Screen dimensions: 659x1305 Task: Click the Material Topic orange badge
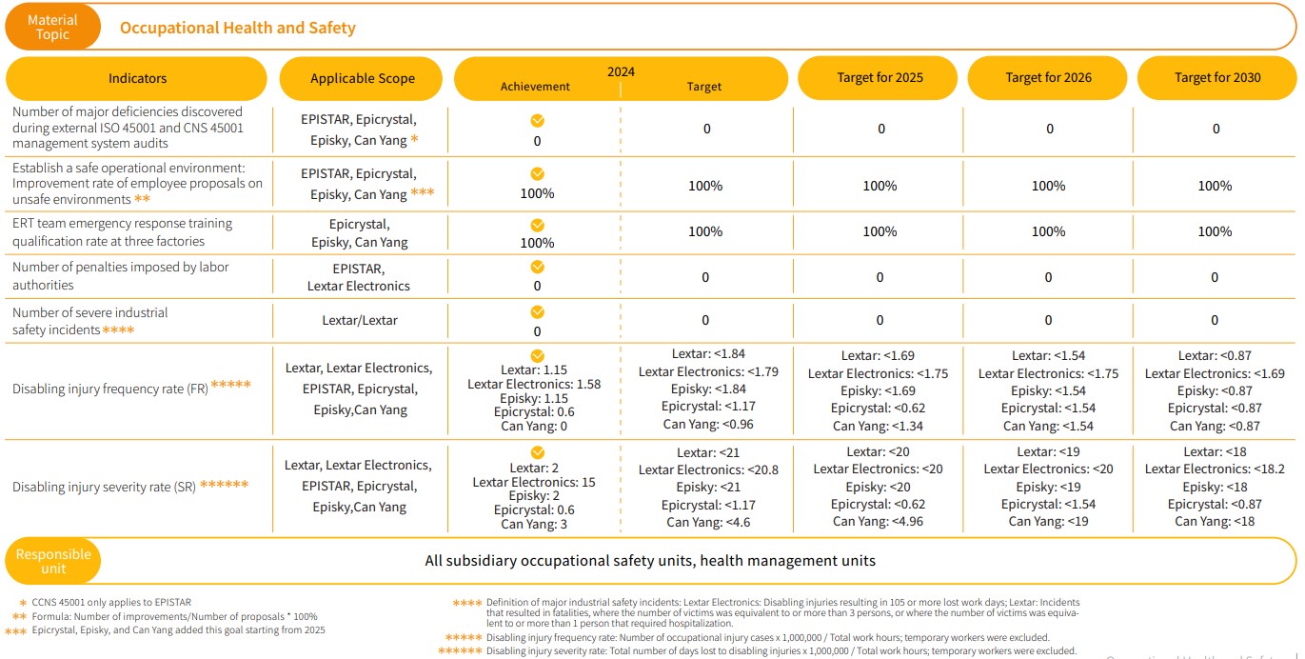pyautogui.click(x=52, y=27)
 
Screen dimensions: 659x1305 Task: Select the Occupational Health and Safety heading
pyautogui.click(x=237, y=28)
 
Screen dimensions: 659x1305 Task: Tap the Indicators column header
pyautogui.click(x=137, y=78)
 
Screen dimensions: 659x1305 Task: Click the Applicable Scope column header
pyautogui.click(x=363, y=78)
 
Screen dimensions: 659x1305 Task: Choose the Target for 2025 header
pyautogui.click(x=880, y=77)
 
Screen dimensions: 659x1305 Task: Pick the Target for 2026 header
pyautogui.click(x=1048, y=77)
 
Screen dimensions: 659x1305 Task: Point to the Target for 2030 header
pyautogui.click(x=1217, y=77)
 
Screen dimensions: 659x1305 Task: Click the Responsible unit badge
pyautogui.click(x=53, y=562)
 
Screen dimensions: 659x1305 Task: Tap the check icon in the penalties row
pyautogui.click(x=537, y=268)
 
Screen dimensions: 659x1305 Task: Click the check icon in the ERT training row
pyautogui.click(x=537, y=224)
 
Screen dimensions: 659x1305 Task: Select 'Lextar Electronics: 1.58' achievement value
pyautogui.click(x=534, y=384)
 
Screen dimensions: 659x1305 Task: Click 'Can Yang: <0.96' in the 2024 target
pyautogui.click(x=705, y=424)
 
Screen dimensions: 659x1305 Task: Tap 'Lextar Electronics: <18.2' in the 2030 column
pyautogui.click(x=1216, y=469)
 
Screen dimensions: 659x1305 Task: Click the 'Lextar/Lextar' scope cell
pyautogui.click(x=360, y=320)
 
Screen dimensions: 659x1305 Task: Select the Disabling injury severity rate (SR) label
pyautogui.click(x=104, y=487)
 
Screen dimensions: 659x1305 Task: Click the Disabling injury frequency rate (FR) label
pyautogui.click(x=110, y=389)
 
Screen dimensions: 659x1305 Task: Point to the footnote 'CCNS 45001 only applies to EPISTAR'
pyautogui.click(x=111, y=602)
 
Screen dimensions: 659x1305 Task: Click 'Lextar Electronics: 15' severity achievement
pyautogui.click(x=534, y=482)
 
